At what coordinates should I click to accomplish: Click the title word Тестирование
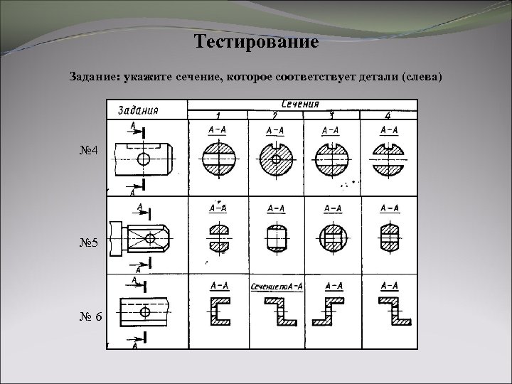[256, 41]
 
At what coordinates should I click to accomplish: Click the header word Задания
[138, 110]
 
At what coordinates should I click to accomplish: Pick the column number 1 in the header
[218, 114]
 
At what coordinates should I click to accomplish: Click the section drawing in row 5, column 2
[274, 235]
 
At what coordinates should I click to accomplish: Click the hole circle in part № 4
[144, 158]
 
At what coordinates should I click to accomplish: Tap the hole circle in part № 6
[145, 311]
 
